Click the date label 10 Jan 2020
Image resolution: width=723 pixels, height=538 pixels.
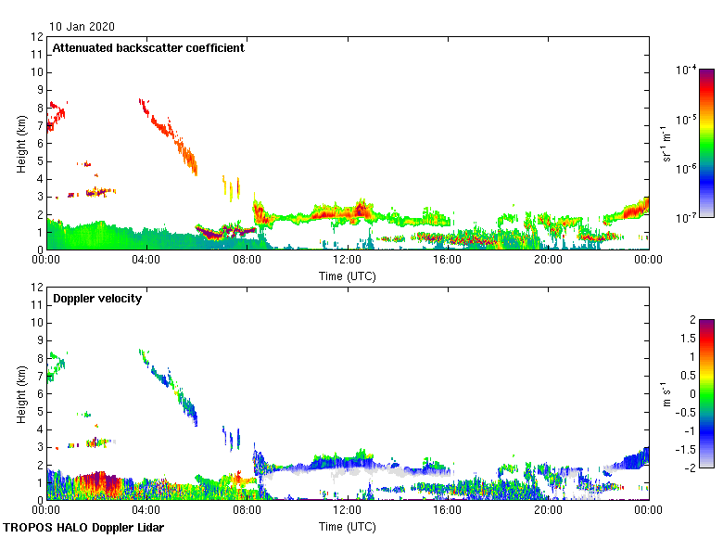tap(82, 27)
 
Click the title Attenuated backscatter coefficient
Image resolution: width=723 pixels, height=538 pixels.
tap(148, 48)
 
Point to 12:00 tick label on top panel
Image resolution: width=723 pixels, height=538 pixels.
tap(348, 259)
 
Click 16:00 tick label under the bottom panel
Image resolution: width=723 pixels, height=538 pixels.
tap(448, 509)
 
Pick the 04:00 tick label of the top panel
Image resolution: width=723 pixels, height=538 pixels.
tap(146, 259)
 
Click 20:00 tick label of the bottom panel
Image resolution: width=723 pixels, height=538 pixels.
tap(548, 509)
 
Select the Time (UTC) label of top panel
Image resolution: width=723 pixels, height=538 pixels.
tap(348, 275)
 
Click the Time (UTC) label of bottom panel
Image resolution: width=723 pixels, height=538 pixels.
tap(348, 526)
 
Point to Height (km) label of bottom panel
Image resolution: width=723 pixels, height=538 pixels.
tap(21, 394)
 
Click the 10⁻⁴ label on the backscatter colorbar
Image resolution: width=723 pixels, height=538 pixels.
tap(686, 70)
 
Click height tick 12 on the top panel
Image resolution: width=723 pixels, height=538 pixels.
tap(37, 37)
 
